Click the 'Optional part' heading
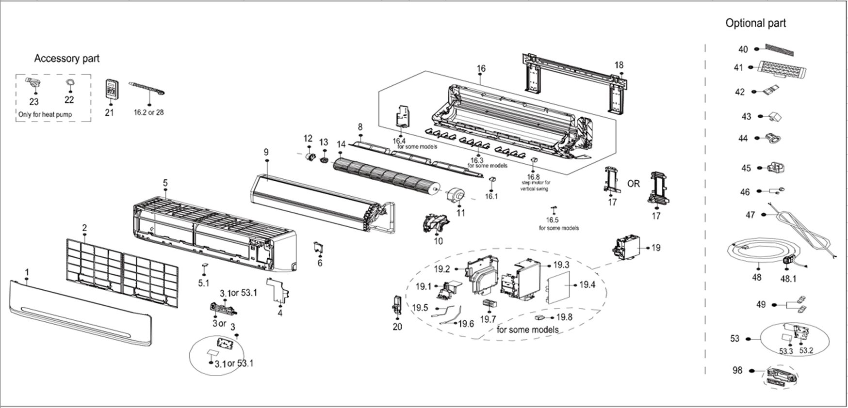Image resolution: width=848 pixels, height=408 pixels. click(755, 23)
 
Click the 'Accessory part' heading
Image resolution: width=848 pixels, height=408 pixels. click(66, 59)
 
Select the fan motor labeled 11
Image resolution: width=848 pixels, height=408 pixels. click(455, 195)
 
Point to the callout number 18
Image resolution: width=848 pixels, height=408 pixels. click(619, 65)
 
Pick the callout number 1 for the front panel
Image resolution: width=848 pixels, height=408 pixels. click(27, 272)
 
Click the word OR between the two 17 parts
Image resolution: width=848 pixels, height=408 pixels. click(634, 184)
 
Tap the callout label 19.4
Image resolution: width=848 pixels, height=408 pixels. click(587, 285)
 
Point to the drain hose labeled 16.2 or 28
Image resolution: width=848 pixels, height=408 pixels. click(147, 90)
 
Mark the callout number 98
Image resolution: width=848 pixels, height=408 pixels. click(737, 371)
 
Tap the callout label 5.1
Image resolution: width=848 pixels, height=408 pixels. click(204, 282)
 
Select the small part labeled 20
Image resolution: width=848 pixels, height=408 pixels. click(396, 305)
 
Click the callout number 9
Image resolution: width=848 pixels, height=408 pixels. click(266, 152)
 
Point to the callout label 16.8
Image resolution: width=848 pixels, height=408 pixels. click(533, 177)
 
